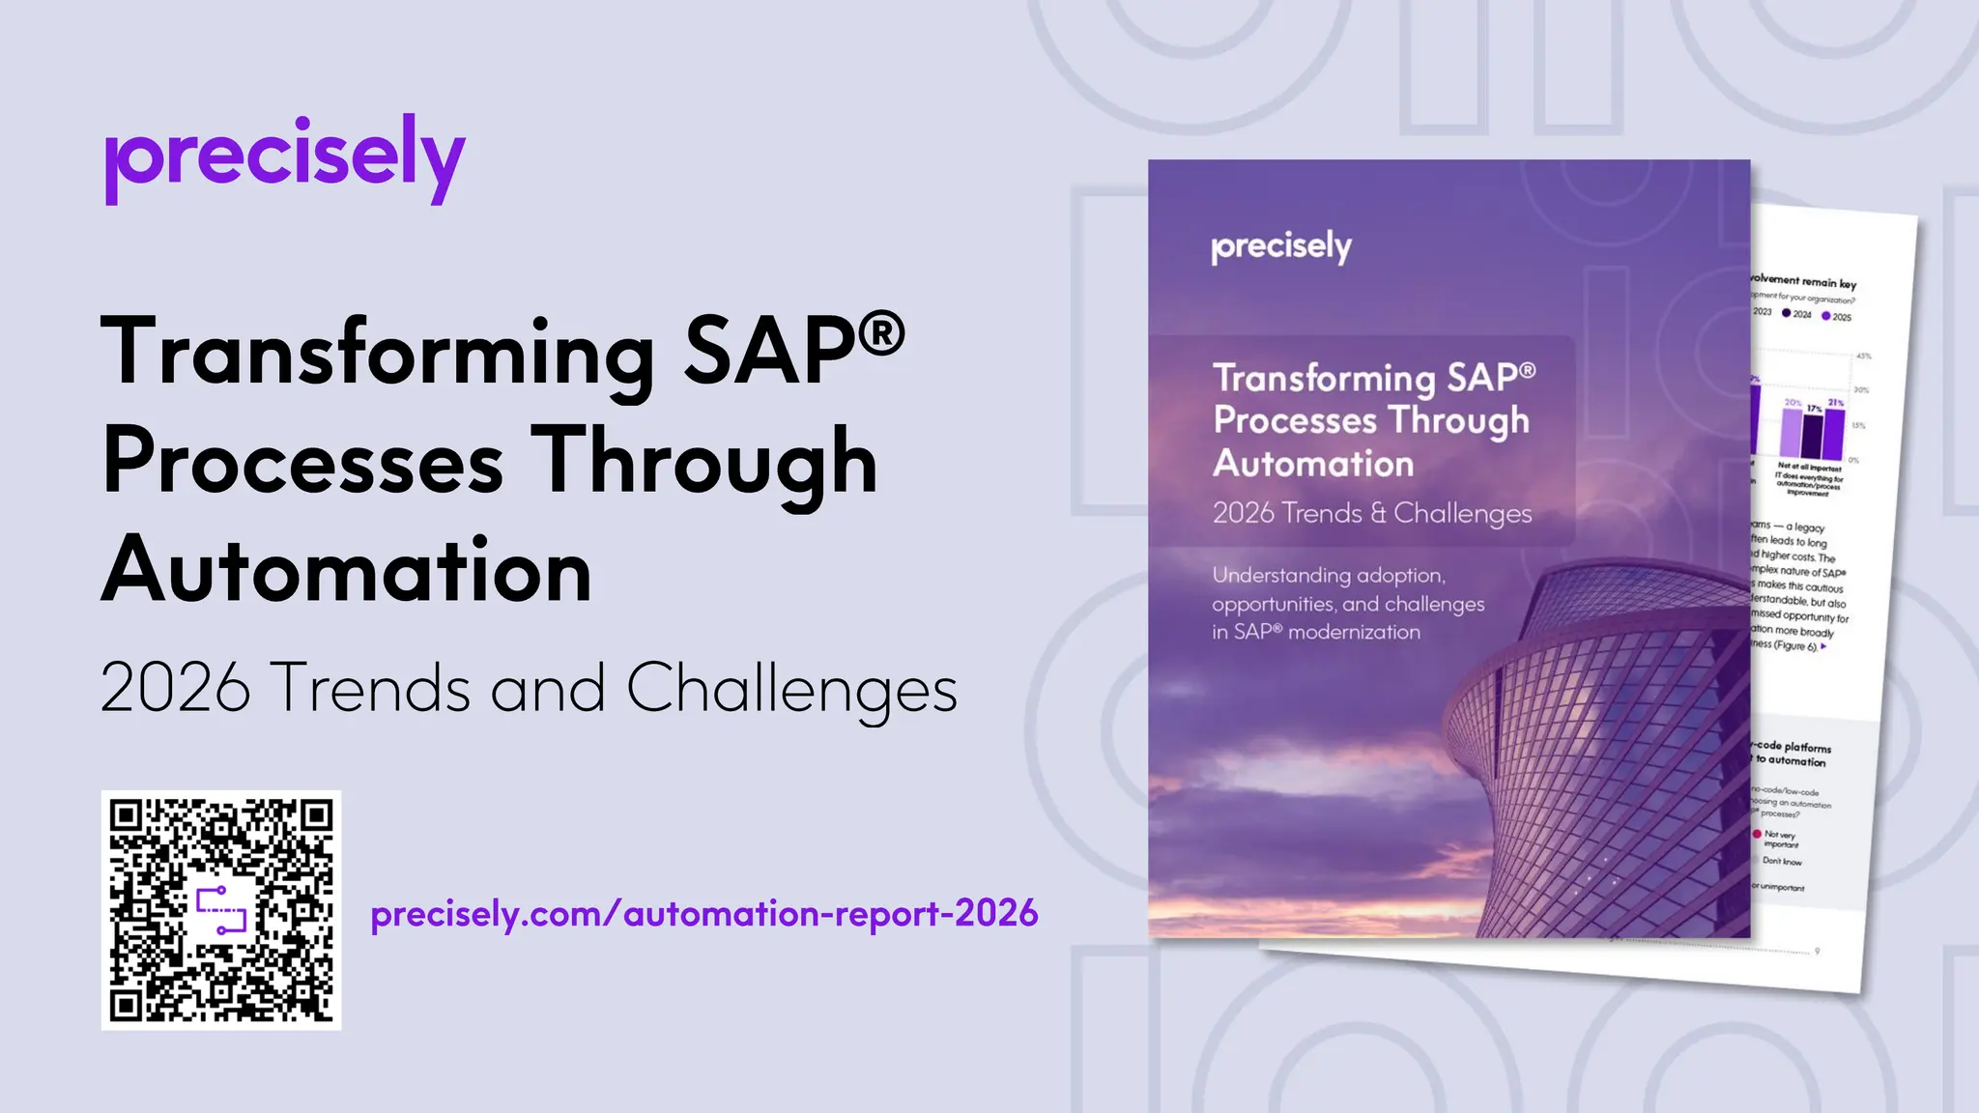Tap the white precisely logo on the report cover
click(1281, 247)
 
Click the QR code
click(221, 910)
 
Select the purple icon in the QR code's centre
click(222, 910)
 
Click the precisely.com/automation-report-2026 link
click(704, 914)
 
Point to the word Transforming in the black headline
click(378, 354)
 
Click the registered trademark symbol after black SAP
click(880, 333)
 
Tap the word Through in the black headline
click(704, 463)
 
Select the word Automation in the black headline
click(347, 571)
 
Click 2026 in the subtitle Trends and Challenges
click(176, 688)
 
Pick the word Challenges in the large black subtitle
click(791, 690)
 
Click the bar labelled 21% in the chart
click(1834, 434)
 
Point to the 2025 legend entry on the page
click(1836, 317)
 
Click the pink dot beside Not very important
click(1757, 834)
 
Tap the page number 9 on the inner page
click(1818, 952)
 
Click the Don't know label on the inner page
click(1782, 861)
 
